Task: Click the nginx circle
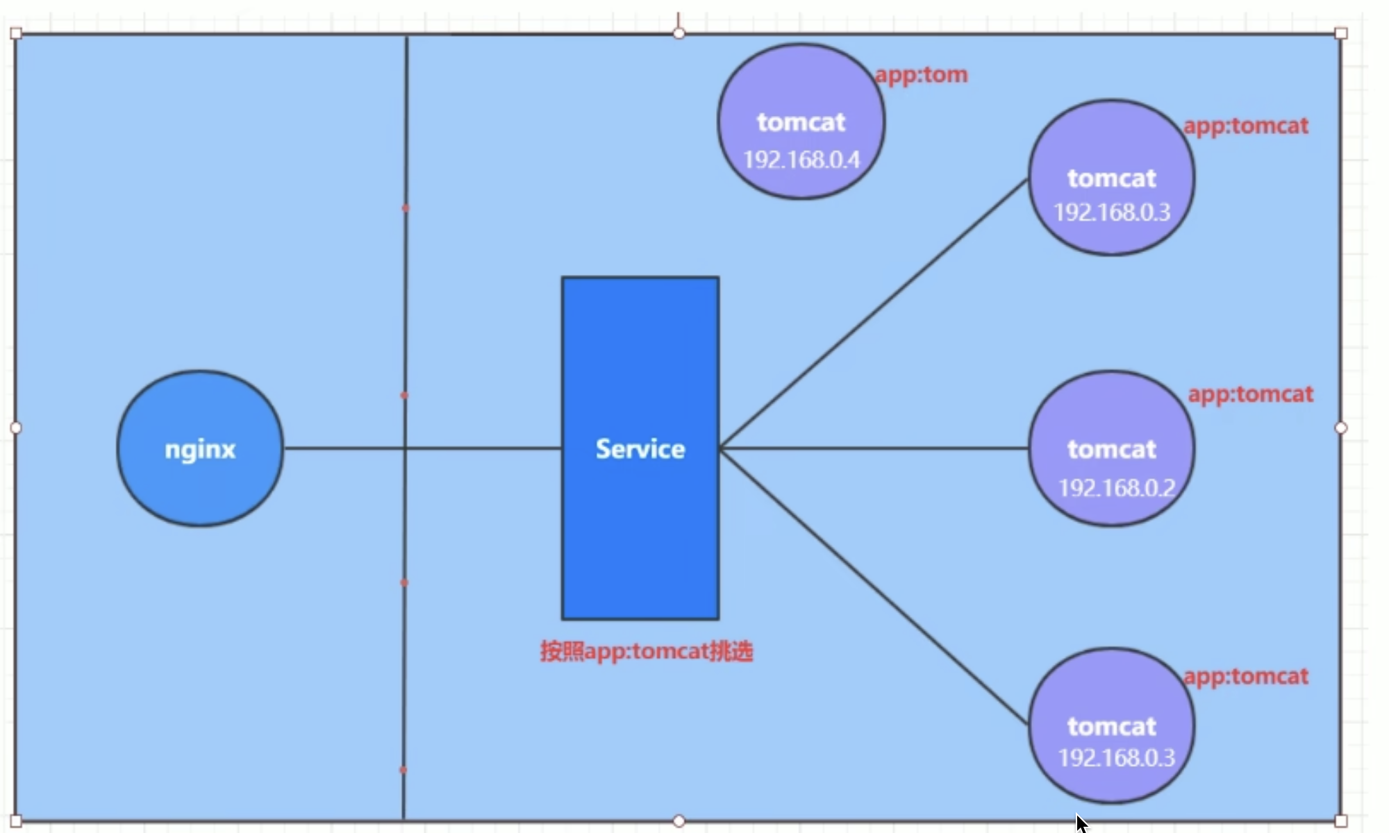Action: (200, 486)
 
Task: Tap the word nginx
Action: (200, 450)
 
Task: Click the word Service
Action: (640, 449)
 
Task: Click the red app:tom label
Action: (921, 74)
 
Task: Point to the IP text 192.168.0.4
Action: (801, 160)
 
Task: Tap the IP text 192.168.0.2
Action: (1117, 488)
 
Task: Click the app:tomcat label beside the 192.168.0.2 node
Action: (1250, 394)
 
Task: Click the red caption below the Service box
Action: (647, 652)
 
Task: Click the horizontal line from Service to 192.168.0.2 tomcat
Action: (875, 448)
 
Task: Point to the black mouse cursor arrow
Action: (1081, 823)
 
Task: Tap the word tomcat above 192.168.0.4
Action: (801, 122)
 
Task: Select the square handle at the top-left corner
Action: (16, 33)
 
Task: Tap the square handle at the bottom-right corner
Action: (1341, 821)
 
